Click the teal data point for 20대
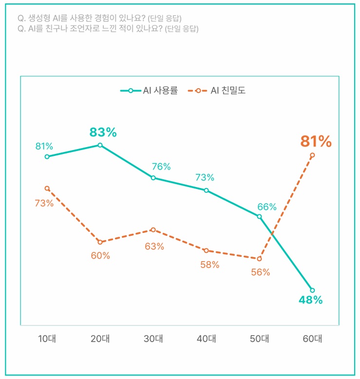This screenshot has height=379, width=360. coord(100,145)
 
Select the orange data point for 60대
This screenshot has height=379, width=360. coord(312,155)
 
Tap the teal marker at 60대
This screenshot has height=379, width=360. coord(312,290)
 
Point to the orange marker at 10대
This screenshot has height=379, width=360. coord(47,189)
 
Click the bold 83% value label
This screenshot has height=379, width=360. coord(103,132)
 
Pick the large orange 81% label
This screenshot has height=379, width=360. coord(316,142)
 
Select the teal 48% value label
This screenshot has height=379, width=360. coord(311,300)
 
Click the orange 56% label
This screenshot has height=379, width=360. coord(261,272)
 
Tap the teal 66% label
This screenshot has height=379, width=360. coord(266,207)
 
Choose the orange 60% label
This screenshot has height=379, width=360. coord(100,256)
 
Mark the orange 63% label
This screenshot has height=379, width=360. coord(154,246)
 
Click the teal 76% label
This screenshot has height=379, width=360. coord(161,167)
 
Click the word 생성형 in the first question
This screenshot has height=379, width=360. coord(39,19)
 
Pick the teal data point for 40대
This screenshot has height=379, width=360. coord(207,190)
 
